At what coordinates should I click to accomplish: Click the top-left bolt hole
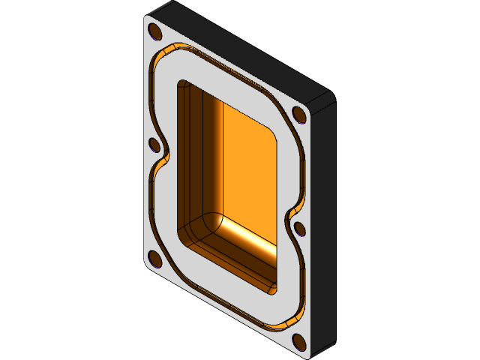[x=155, y=31]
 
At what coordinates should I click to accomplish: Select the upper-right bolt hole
[x=298, y=115]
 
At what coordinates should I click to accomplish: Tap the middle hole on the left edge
[x=155, y=145]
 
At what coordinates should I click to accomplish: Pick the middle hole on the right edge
[x=298, y=227]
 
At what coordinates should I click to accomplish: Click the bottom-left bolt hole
[x=155, y=259]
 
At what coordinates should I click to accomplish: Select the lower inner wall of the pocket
[x=232, y=255]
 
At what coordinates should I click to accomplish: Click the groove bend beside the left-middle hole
[x=163, y=157]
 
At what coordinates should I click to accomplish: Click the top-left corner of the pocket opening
[x=181, y=84]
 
